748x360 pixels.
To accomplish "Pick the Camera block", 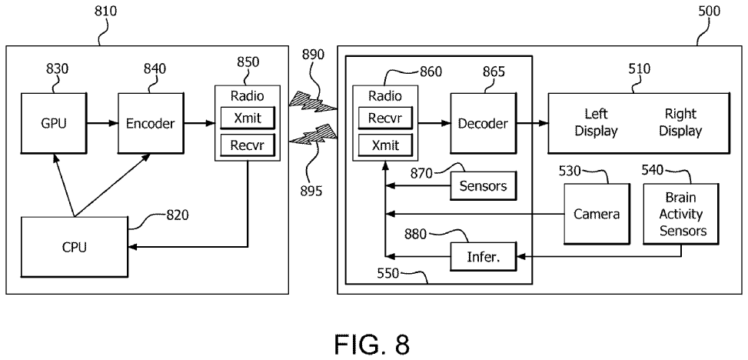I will click(597, 214).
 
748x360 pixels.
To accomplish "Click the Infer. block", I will click(484, 256).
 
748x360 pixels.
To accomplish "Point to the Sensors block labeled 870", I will click(483, 185).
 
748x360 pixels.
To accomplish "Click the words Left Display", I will click(597, 122).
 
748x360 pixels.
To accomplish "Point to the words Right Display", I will click(680, 122).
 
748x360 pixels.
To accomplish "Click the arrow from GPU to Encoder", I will click(101, 122).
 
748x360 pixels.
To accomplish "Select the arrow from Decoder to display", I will click(530, 122).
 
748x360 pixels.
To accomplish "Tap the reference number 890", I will click(314, 55).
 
